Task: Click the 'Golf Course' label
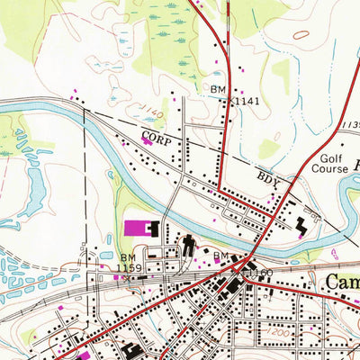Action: click(328, 161)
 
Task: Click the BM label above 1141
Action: click(219, 90)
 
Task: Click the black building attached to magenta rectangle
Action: click(153, 229)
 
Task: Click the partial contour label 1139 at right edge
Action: click(351, 123)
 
